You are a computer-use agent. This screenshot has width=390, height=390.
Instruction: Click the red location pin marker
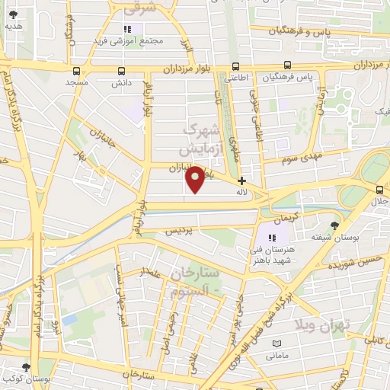(196, 179)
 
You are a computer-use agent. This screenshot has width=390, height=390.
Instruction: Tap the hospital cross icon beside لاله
(241, 181)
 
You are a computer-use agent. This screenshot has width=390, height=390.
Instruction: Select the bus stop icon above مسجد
(76, 69)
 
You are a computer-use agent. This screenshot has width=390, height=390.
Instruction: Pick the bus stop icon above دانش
(122, 69)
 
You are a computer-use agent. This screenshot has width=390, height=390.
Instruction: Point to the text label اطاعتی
(235, 78)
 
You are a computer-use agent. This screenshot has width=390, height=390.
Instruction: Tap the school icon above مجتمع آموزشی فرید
(126, 29)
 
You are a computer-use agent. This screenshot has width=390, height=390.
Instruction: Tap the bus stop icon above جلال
(379, 189)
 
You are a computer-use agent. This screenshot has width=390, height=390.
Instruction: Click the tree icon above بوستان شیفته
(334, 225)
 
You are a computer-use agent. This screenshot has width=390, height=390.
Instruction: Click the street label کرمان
(281, 217)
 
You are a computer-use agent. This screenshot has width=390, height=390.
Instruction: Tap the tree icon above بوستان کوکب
(27, 367)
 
